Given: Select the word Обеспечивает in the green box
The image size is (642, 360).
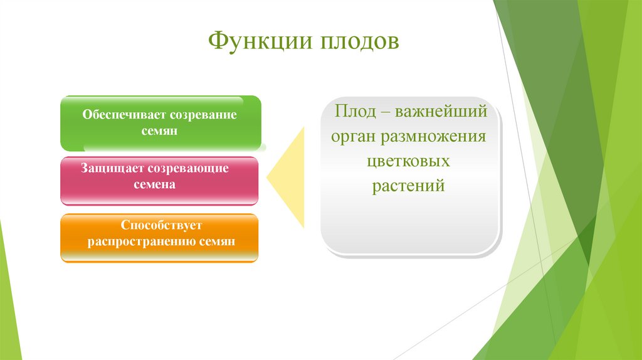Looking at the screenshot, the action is coord(124,115).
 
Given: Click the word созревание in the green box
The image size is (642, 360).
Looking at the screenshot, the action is coord(203,115).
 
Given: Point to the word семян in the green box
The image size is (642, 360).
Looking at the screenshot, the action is coord(159,131).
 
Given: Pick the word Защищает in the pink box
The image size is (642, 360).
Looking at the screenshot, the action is coord(112,168).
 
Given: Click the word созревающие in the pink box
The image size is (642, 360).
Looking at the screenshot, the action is coord(188,169).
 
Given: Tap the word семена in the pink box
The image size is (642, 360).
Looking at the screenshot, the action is coord(154,185).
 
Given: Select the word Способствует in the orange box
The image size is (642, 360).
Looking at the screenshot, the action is coord(161,225).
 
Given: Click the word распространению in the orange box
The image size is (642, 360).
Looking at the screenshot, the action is coord(142,241).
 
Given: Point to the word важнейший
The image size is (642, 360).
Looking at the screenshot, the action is coord(441,112).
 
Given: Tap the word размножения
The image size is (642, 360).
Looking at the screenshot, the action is coord(433,137).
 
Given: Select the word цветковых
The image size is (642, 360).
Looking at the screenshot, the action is coord(408,161).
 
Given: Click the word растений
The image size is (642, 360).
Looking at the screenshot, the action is coord(408,186).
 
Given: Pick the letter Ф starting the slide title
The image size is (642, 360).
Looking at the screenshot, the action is coord(218,41).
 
